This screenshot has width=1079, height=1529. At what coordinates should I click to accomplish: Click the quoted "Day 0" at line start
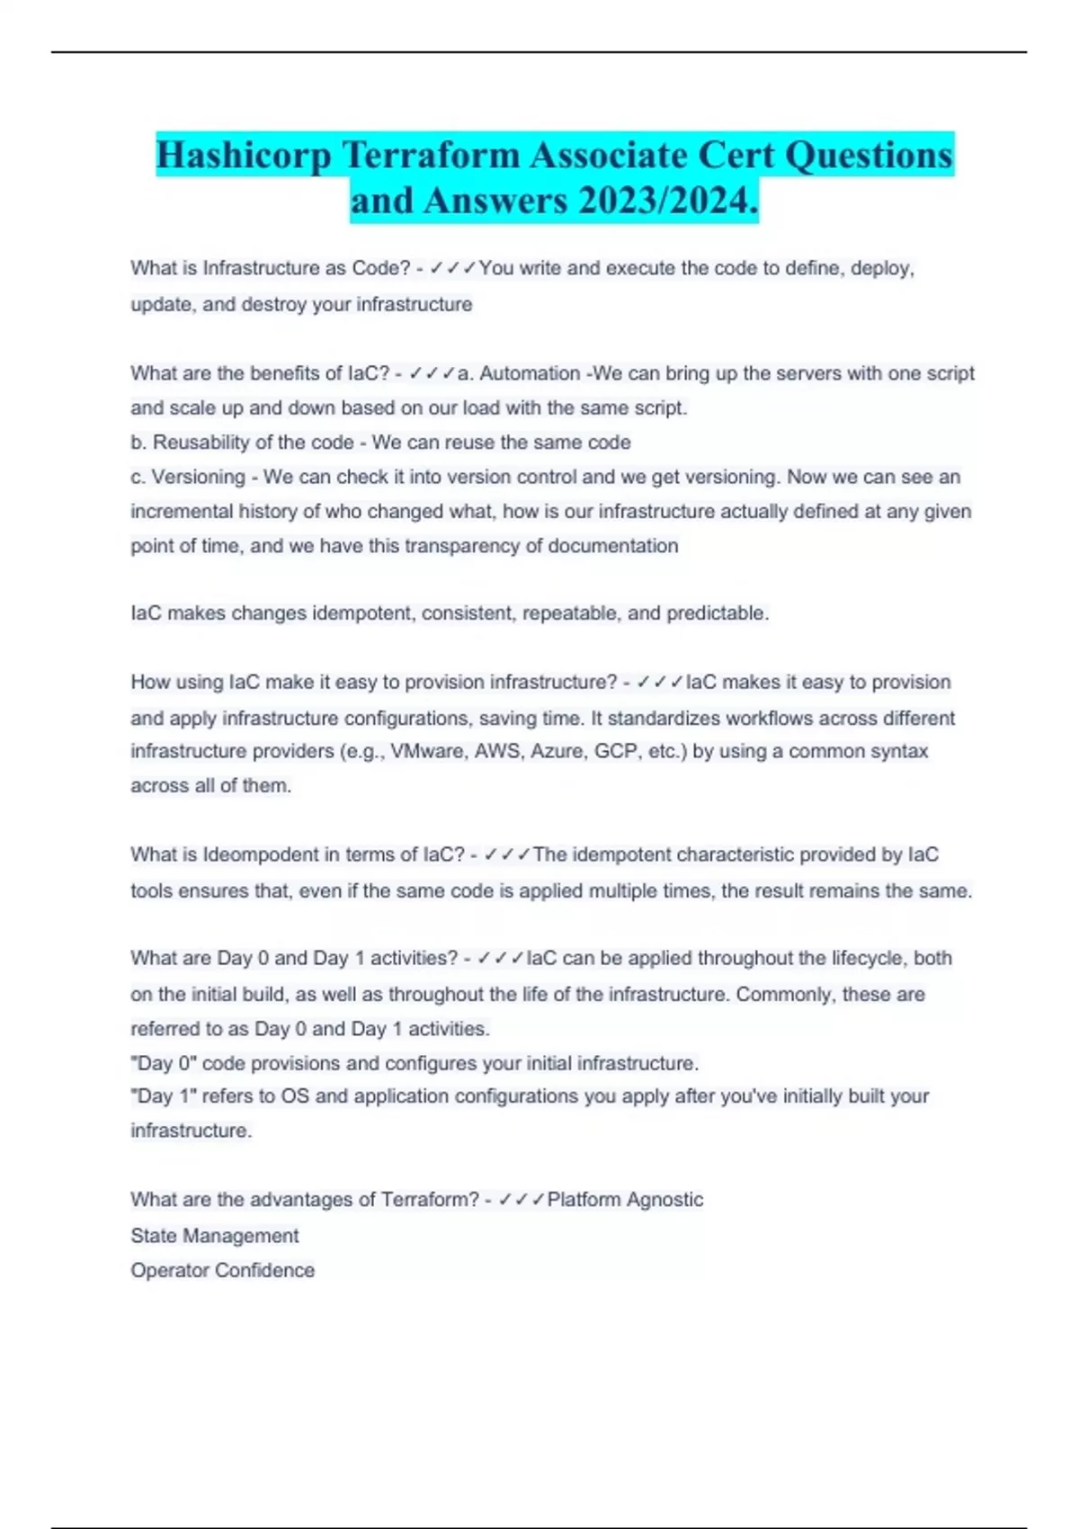[x=164, y=1063]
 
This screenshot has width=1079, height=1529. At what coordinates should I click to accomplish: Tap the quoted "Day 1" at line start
[x=164, y=1096]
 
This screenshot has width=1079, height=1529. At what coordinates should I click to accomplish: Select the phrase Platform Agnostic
[x=625, y=1200]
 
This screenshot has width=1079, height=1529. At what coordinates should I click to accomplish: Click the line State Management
[x=214, y=1236]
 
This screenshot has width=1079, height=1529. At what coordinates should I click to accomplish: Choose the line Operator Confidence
[x=222, y=1270]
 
